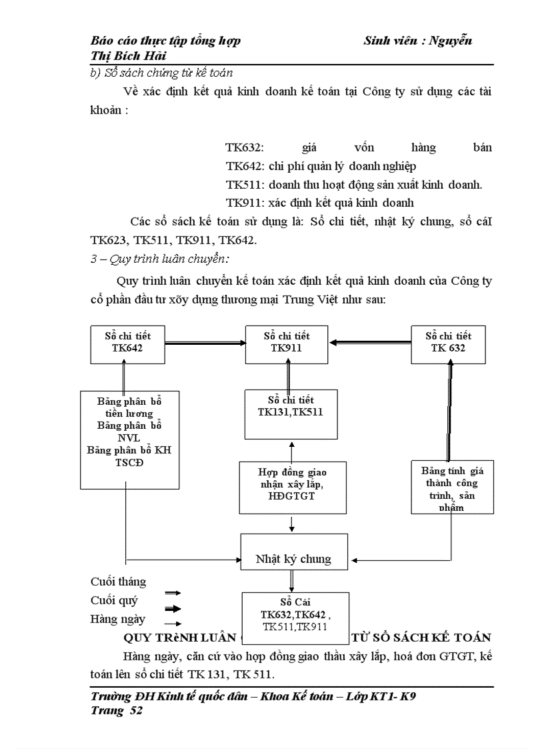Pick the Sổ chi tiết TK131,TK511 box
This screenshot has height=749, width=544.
click(x=291, y=414)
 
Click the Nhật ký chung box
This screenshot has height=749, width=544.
click(x=293, y=559)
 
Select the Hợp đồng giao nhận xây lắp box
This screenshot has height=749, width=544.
click(x=292, y=488)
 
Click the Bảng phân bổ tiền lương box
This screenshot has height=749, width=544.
click(x=129, y=439)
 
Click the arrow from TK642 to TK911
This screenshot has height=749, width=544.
click(x=205, y=343)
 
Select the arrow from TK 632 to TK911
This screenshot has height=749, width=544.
click(x=369, y=343)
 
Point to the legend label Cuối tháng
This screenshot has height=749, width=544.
click(x=118, y=582)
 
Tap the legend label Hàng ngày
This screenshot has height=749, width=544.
click(x=117, y=619)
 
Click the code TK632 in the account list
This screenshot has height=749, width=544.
click(x=245, y=148)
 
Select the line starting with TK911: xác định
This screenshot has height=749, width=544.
click(x=320, y=203)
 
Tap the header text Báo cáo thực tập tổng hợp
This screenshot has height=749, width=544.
click(x=165, y=41)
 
